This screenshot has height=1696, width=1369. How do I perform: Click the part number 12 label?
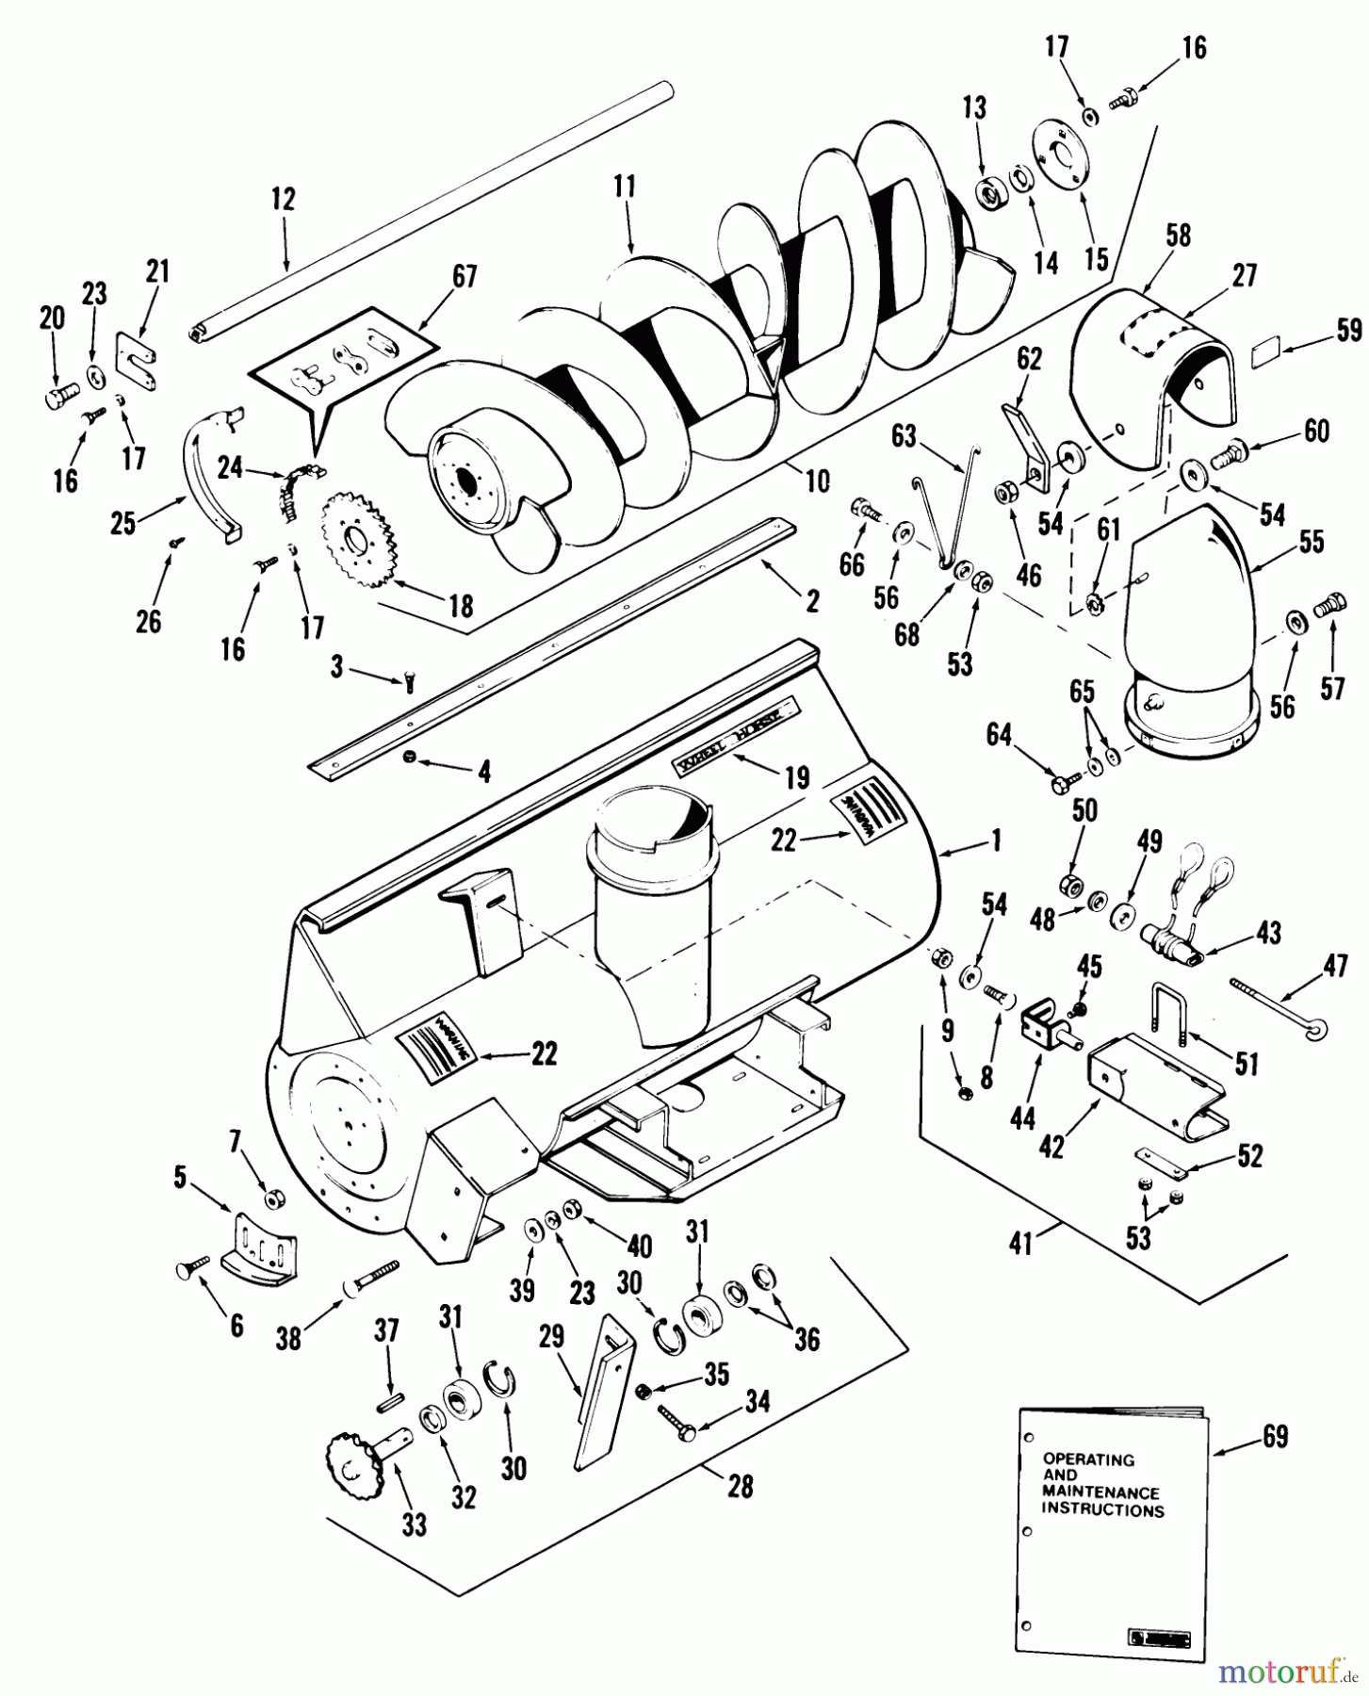(x=283, y=200)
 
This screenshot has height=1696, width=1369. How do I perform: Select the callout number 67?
(x=464, y=276)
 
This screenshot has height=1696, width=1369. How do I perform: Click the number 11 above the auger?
(x=625, y=187)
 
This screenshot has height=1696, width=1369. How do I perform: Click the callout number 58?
(x=1178, y=236)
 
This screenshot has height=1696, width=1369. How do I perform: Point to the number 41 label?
(x=1021, y=1244)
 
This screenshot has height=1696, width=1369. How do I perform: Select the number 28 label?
(x=741, y=1485)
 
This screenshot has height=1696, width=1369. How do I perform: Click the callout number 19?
(x=796, y=776)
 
